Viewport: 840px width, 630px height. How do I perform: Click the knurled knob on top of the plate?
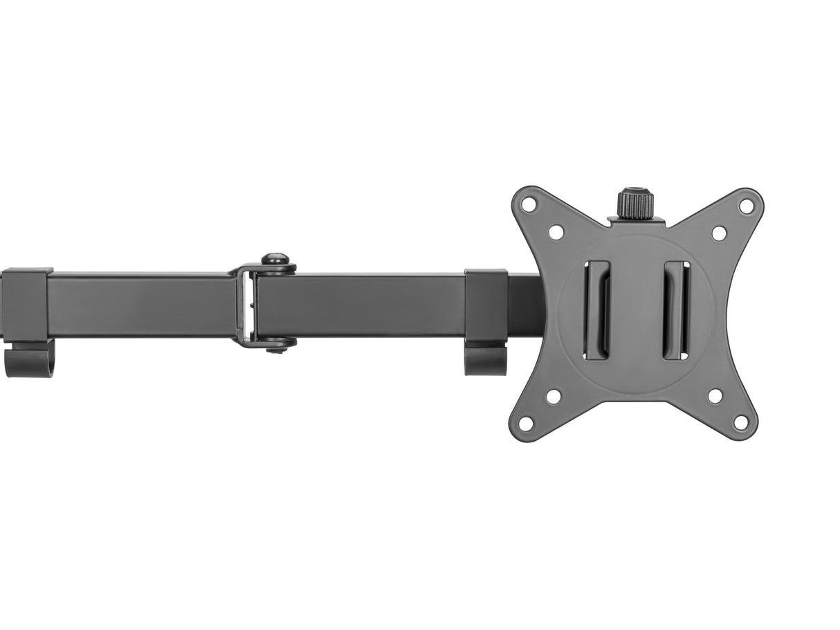[636, 204]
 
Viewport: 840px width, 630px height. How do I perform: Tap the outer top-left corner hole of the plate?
[529, 204]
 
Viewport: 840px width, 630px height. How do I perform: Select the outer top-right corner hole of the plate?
[747, 206]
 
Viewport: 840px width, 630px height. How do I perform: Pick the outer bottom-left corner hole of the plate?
[526, 422]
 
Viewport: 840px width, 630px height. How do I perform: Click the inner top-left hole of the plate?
[556, 232]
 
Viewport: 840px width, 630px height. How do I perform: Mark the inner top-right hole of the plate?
[719, 233]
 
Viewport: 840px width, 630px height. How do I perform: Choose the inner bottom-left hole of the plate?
[554, 397]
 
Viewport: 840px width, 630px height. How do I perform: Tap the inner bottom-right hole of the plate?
[715, 396]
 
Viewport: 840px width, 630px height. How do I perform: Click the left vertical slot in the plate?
[596, 309]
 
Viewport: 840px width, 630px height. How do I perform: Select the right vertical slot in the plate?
[675, 309]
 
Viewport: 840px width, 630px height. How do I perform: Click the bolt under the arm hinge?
[277, 345]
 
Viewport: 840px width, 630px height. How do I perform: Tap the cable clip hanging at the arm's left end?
[28, 360]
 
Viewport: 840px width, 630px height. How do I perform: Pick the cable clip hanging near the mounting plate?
[485, 359]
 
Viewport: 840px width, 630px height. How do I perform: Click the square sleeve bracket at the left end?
[26, 305]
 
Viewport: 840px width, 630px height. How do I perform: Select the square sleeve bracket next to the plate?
[486, 305]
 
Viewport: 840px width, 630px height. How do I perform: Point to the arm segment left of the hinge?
[138, 305]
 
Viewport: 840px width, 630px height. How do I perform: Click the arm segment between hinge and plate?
[360, 305]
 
